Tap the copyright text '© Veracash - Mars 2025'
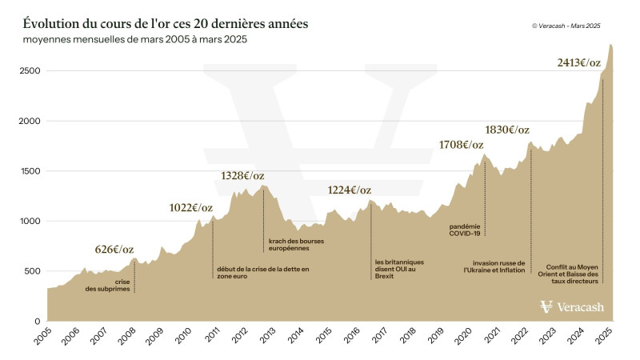tap(566, 26)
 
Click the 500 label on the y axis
tap(32, 271)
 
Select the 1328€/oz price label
tap(242, 176)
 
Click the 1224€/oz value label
tap(350, 190)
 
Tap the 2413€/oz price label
tap(581, 62)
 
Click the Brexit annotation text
tap(398, 269)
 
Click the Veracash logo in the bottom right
tap(573, 307)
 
